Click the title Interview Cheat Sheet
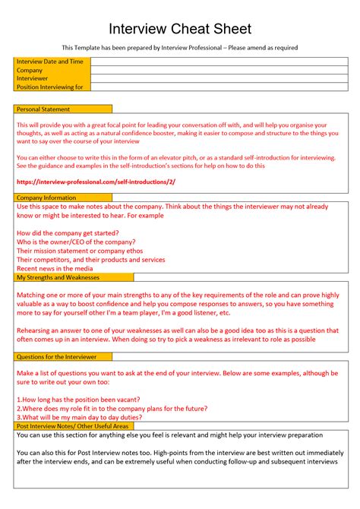(x=180, y=29)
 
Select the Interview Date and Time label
(x=50, y=61)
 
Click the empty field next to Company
(x=219, y=70)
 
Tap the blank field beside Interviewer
(x=219, y=78)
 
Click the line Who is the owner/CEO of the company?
(x=82, y=242)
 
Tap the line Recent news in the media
(x=55, y=268)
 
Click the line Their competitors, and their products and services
(x=90, y=260)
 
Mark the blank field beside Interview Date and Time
(x=219, y=61)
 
